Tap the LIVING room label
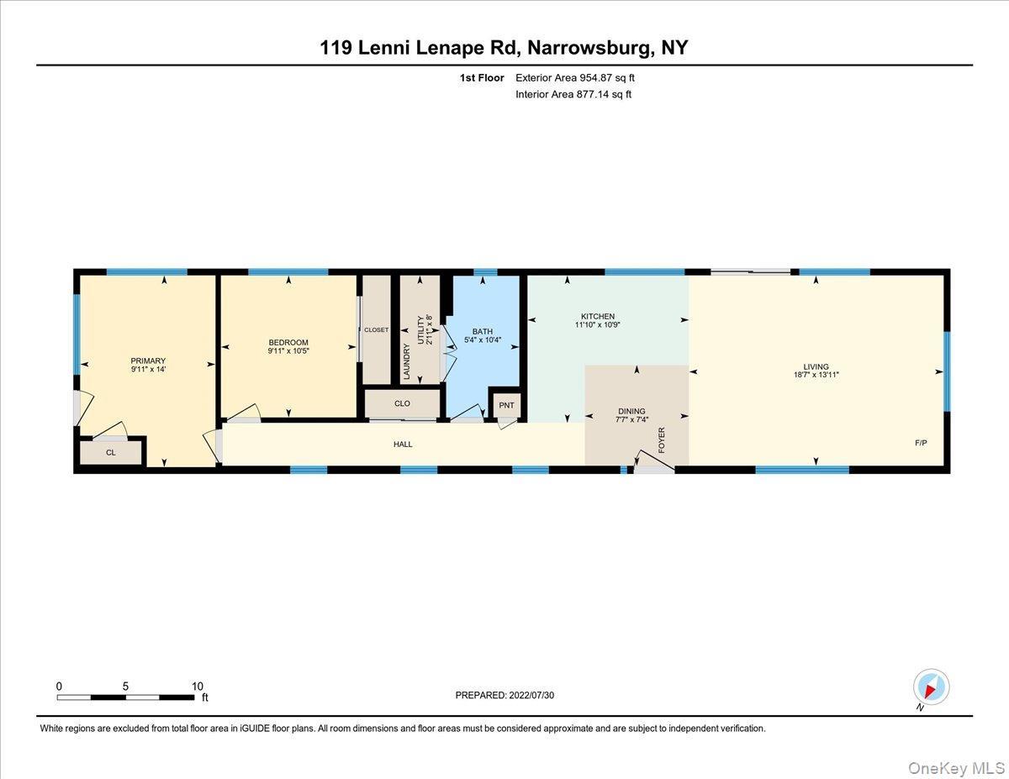click(x=816, y=366)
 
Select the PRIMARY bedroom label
click(x=148, y=361)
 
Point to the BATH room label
click(x=482, y=331)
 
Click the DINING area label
click(x=631, y=412)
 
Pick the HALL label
click(x=403, y=444)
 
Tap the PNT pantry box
click(x=506, y=406)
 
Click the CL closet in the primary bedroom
click(x=111, y=452)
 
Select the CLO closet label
click(x=402, y=403)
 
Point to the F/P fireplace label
click(x=921, y=442)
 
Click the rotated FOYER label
click(x=662, y=440)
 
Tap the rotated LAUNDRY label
click(x=407, y=361)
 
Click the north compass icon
click(x=931, y=687)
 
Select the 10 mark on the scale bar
click(x=198, y=686)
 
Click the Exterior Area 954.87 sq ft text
click(x=575, y=78)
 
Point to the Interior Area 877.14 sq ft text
click(x=573, y=94)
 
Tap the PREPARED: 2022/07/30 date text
click(x=504, y=695)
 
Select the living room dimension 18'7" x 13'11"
click(x=816, y=376)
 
